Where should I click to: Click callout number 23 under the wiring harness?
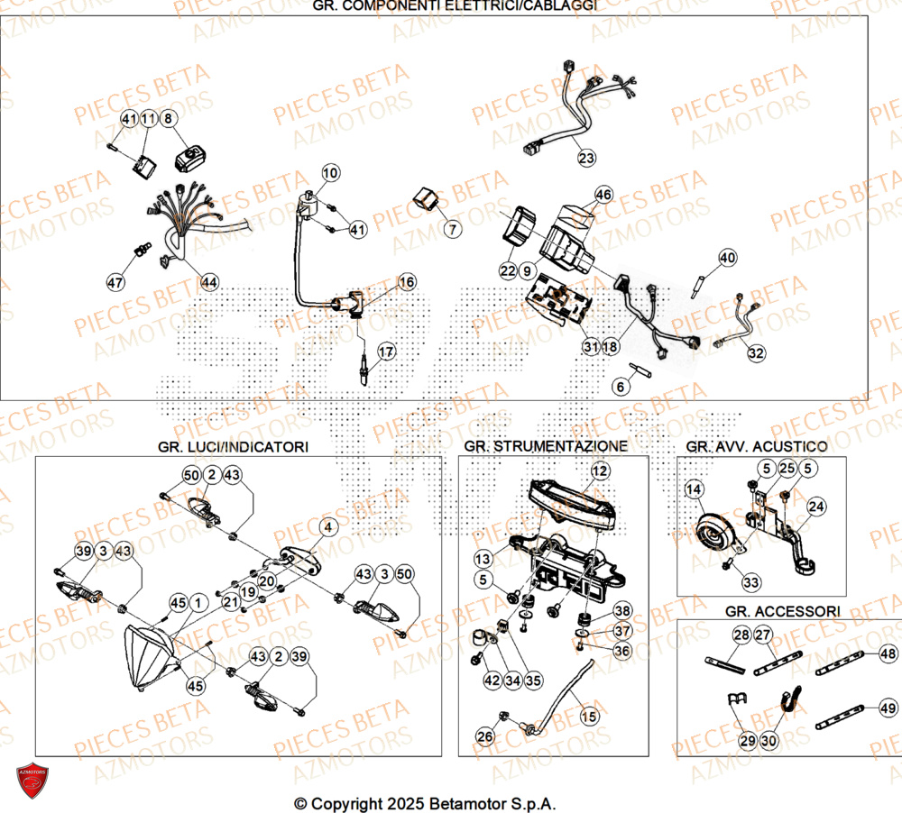pyautogui.click(x=587, y=159)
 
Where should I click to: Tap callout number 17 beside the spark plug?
pyautogui.click(x=386, y=351)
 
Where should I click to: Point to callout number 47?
pyautogui.click(x=115, y=282)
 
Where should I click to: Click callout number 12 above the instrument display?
pyautogui.click(x=601, y=470)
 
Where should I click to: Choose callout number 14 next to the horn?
pyautogui.click(x=694, y=489)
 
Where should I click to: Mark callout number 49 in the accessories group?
pyautogui.click(x=888, y=708)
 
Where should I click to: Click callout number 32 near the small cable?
pyautogui.click(x=756, y=353)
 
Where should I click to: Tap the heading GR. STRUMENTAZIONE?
pyautogui.click(x=547, y=446)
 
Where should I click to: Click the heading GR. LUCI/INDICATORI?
pyautogui.click(x=233, y=446)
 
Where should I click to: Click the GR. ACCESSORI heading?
pyautogui.click(x=782, y=611)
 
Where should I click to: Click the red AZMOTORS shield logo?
pyautogui.click(x=32, y=781)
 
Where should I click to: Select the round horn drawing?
pyautogui.click(x=718, y=536)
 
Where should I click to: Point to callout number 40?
pyautogui.click(x=727, y=259)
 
